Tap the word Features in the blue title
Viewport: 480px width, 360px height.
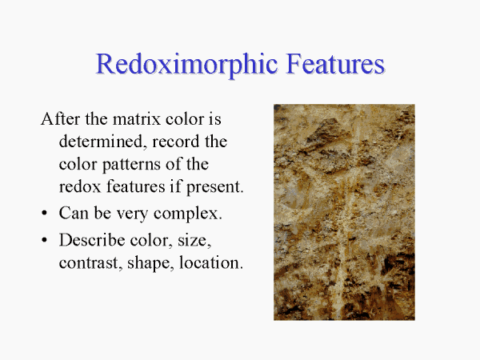[x=335, y=63]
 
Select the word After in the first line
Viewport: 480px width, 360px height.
[x=61, y=118]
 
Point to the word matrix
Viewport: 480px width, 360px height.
[x=137, y=118]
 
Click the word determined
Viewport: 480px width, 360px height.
[x=101, y=142]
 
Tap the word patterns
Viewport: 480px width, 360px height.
[x=132, y=165]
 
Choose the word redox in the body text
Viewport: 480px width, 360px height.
[x=80, y=186]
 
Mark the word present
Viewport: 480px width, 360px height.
[x=215, y=187]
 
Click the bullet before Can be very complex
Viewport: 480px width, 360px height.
[x=45, y=213]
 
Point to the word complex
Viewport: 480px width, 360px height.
[x=188, y=214]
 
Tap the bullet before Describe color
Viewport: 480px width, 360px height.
[x=45, y=240]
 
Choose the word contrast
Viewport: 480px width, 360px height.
[x=89, y=263]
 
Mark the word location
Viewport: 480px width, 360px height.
[x=211, y=263]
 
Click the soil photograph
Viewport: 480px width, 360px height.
[x=344, y=212]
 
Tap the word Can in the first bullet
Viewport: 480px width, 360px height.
[x=74, y=213]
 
